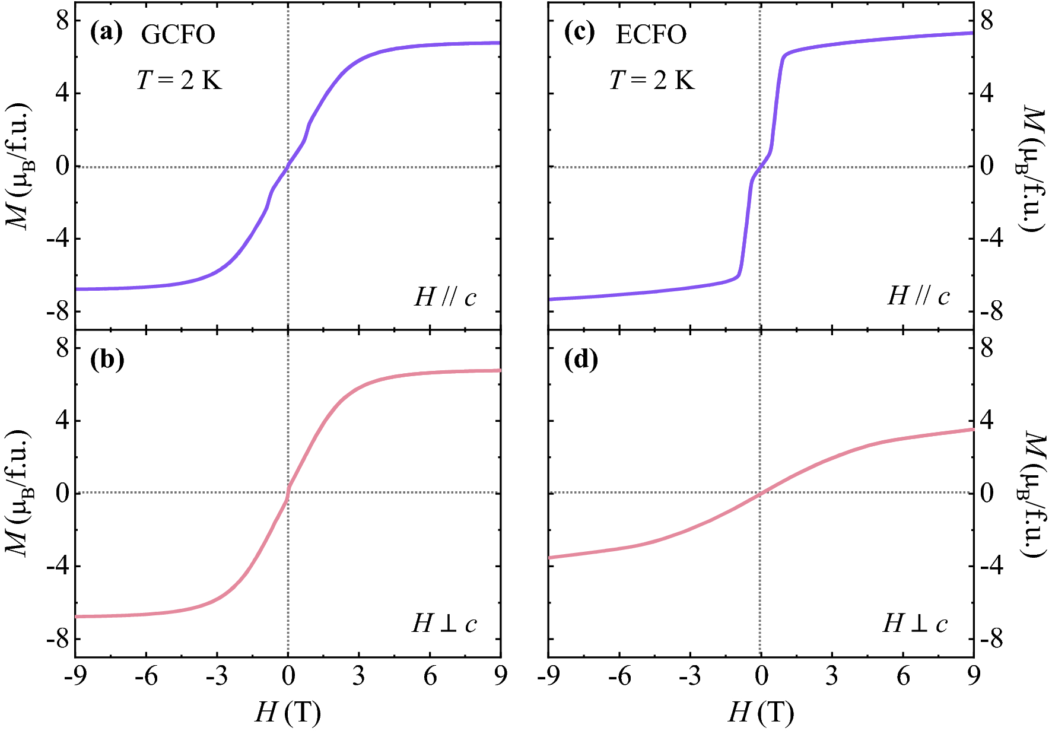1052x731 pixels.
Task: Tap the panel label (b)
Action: coord(107,360)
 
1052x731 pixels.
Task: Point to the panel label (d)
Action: coord(580,360)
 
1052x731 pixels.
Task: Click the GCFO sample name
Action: coord(178,35)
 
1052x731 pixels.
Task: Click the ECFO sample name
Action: coord(651,35)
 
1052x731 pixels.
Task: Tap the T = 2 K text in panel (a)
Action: coord(179,80)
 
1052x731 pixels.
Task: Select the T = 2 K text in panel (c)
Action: coord(652,80)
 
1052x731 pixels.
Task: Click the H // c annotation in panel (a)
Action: coord(445,297)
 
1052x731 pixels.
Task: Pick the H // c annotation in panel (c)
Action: coord(918,295)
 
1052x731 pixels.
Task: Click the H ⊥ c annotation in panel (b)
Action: coord(444,624)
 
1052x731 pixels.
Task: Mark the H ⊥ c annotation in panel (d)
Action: coord(916,624)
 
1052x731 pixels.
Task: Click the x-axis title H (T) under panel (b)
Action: coord(288,711)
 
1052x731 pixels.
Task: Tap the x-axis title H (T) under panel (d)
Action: coord(761,711)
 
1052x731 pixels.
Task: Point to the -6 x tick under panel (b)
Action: coord(146,676)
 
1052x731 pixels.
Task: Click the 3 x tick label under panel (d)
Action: coord(832,676)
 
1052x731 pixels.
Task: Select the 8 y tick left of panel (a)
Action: coord(62,21)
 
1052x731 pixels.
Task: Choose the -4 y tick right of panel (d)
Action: coord(990,566)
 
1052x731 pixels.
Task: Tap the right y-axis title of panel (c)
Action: coord(1032,167)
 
